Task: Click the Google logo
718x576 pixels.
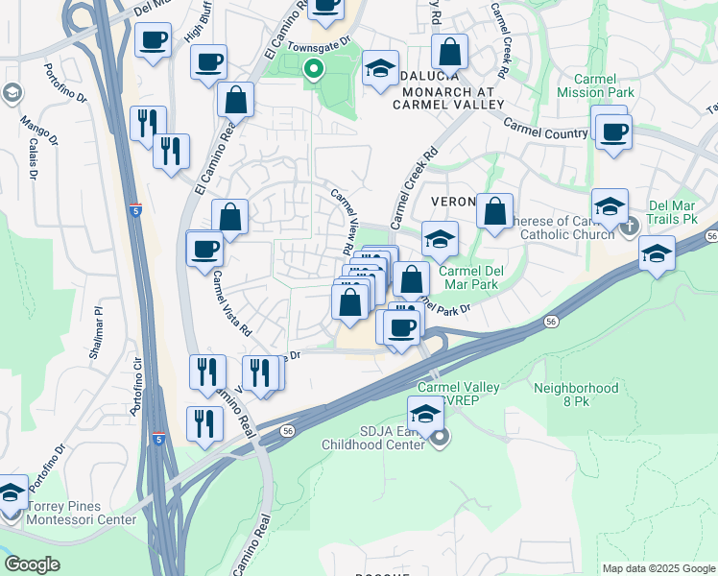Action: [x=32, y=564]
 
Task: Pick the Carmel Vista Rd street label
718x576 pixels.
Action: [x=231, y=302]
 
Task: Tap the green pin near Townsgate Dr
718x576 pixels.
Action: [x=313, y=69]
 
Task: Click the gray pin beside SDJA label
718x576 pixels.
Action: [x=441, y=440]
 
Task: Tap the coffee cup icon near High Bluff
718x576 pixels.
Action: [x=154, y=41]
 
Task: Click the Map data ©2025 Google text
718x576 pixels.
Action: [x=658, y=568]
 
